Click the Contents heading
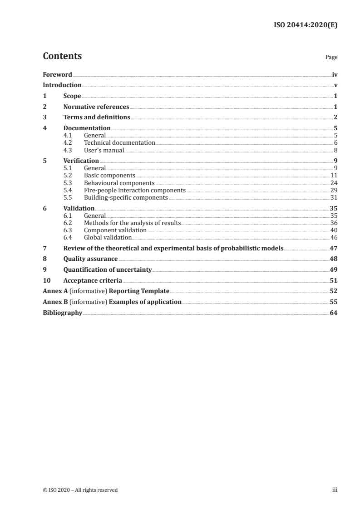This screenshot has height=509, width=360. pyautogui.click(x=62, y=56)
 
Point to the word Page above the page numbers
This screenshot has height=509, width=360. pyautogui.click(x=331, y=58)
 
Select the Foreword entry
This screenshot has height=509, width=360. pyautogui.click(x=57, y=74)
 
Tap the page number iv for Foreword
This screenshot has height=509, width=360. pyautogui.click(x=335, y=74)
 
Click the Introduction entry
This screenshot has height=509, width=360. pyautogui.click(x=62, y=85)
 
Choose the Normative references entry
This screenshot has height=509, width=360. pyautogui.click(x=96, y=107)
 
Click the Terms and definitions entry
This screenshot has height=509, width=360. pyautogui.click(x=97, y=117)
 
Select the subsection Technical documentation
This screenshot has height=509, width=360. pyautogui.click(x=119, y=142)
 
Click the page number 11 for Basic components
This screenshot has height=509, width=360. pyautogui.click(x=334, y=175)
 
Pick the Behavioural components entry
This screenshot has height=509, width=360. pyautogui.click(x=119, y=183)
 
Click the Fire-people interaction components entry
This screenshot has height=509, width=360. pyautogui.click(x=134, y=190)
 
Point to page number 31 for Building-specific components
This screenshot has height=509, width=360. pyautogui.click(x=334, y=198)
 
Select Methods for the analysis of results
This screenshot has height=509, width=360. pyautogui.click(x=132, y=223)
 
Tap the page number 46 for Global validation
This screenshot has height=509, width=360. pyautogui.click(x=334, y=237)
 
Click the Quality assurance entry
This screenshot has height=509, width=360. pyautogui.click(x=90, y=259)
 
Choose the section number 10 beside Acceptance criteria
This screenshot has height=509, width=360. pyautogui.click(x=46, y=280)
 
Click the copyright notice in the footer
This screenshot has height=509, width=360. pyautogui.click(x=80, y=490)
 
